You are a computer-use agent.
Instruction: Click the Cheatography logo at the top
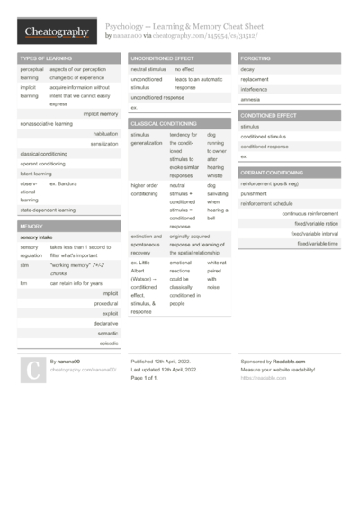pyautogui.click(x=56, y=32)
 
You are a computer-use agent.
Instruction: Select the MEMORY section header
pyautogui.click(x=31, y=226)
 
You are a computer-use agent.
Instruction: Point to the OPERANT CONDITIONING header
pyautogui.click(x=272, y=172)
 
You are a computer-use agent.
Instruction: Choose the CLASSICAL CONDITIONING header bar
pyautogui.click(x=164, y=123)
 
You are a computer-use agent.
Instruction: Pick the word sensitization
pyautogui.click(x=104, y=144)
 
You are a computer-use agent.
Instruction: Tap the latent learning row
pyautogui.click(x=37, y=174)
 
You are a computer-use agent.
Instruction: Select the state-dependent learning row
pyautogui.click(x=48, y=209)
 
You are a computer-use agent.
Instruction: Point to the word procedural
pyautogui.click(x=106, y=303)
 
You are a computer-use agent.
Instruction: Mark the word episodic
pyautogui.click(x=109, y=343)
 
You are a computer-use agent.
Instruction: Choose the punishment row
pyautogui.click(x=255, y=193)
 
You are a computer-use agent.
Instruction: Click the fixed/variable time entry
pyautogui.click(x=318, y=243)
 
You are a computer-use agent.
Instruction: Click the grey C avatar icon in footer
pyautogui.click(x=33, y=371)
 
